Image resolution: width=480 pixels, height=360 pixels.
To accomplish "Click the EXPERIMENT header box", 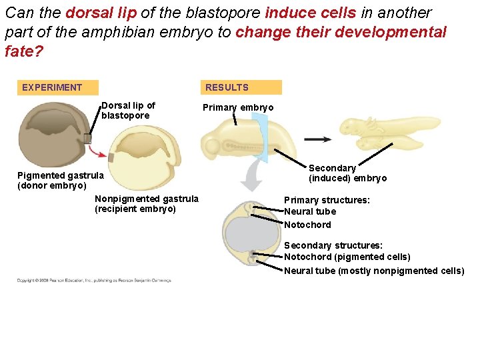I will (58, 87).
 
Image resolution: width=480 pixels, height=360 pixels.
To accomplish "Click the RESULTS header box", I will (241, 87).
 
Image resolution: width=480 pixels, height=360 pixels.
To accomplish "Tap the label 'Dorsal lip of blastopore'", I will (128, 111).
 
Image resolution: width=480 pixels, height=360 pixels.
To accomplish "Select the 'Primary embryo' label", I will (238, 108).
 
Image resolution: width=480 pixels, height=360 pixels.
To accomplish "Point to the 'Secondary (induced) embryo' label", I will (347, 173).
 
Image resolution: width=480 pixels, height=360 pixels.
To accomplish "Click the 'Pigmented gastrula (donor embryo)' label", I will (60, 181).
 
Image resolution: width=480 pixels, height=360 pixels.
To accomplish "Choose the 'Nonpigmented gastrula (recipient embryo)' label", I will (146, 204).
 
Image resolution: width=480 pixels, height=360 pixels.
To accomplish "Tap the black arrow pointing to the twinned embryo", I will (318, 140).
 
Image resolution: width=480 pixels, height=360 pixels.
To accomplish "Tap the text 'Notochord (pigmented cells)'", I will (347, 257).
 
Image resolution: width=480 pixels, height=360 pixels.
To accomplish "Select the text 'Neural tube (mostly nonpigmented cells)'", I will (374, 271).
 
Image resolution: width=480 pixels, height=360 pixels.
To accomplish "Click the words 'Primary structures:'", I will (327, 200).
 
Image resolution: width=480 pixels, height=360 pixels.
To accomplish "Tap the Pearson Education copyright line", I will (93, 281).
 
